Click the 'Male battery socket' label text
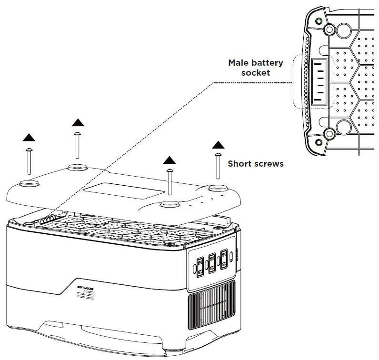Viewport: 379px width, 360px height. pyautogui.click(x=255, y=68)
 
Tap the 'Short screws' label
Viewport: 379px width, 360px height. pyautogui.click(x=255, y=164)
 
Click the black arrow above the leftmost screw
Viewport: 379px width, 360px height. pyautogui.click(x=29, y=138)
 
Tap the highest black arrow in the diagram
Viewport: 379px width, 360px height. pyautogui.click(x=78, y=123)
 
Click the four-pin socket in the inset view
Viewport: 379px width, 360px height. pyautogui.click(x=318, y=82)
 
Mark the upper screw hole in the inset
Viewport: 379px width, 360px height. pyautogui.click(x=329, y=30)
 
